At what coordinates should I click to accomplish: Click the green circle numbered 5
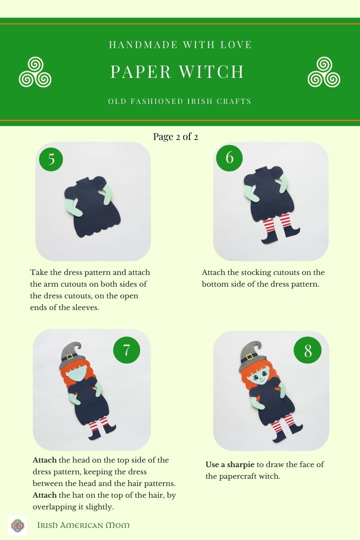[x=51, y=159]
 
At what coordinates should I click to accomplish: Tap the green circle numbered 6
[x=229, y=158]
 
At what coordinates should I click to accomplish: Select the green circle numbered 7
[x=126, y=350]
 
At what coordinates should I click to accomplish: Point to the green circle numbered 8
[x=307, y=351]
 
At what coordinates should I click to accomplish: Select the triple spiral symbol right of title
[x=324, y=72]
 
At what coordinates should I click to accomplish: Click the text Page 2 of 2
[x=175, y=136]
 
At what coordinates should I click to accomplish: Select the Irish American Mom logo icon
[x=18, y=525]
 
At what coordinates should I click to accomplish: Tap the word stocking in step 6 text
[x=255, y=273]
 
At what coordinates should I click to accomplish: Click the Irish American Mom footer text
[x=83, y=525]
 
